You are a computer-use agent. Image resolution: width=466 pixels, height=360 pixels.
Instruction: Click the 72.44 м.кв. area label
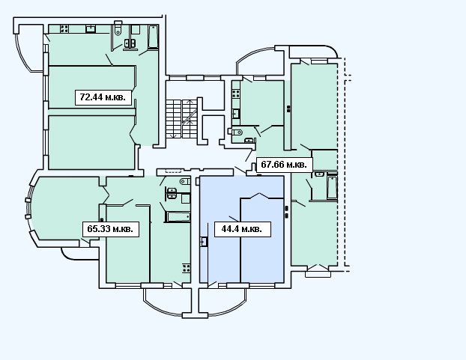(x=103, y=97)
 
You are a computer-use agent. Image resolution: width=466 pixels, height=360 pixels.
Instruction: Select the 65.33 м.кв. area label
(x=111, y=229)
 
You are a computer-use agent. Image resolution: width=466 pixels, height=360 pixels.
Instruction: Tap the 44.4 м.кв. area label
(x=242, y=229)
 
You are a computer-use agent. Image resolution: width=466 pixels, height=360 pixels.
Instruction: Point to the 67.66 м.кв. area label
(x=284, y=164)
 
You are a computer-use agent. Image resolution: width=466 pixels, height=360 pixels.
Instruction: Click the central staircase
(x=181, y=119)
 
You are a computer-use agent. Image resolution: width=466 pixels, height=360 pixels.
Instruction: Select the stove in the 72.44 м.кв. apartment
(x=64, y=28)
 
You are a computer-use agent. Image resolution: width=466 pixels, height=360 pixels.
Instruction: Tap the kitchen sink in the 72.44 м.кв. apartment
(x=91, y=28)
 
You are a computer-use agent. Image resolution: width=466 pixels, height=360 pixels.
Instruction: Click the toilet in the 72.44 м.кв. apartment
(x=118, y=28)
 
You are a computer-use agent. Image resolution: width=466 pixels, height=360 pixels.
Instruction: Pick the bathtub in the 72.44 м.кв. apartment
(x=153, y=37)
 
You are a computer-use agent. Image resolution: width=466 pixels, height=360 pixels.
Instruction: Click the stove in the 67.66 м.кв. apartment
(x=236, y=94)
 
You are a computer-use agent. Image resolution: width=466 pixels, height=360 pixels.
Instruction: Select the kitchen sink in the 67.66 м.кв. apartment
(x=236, y=114)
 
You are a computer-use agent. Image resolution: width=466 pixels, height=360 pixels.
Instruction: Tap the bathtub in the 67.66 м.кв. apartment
(x=332, y=187)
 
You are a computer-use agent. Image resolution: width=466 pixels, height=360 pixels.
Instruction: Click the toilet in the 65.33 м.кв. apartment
(x=185, y=181)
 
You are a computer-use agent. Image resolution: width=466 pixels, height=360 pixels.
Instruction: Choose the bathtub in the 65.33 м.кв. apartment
(x=178, y=216)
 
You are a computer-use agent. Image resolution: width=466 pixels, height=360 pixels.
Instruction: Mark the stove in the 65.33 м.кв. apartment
(x=187, y=268)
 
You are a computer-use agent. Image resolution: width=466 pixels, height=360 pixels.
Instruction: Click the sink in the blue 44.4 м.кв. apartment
(x=204, y=241)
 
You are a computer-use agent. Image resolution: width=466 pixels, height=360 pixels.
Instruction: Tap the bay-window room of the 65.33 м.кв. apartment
(x=64, y=208)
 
